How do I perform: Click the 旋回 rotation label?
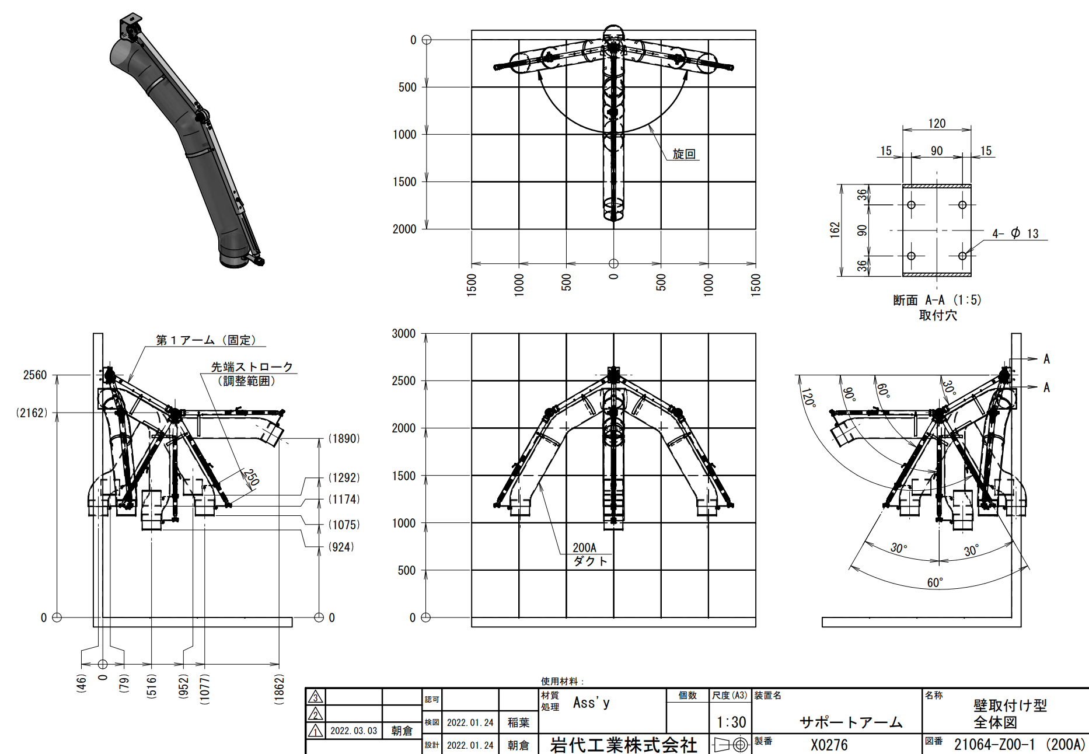click(684, 154)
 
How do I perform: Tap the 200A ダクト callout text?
click(590, 554)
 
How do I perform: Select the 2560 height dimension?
click(35, 375)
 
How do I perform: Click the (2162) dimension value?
click(32, 413)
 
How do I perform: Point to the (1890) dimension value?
click(344, 439)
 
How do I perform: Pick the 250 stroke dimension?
click(251, 477)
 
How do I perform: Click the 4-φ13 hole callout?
click(1015, 233)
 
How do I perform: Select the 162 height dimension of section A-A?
click(835, 230)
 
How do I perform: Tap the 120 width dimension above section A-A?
click(937, 124)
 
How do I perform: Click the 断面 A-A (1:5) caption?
click(937, 300)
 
